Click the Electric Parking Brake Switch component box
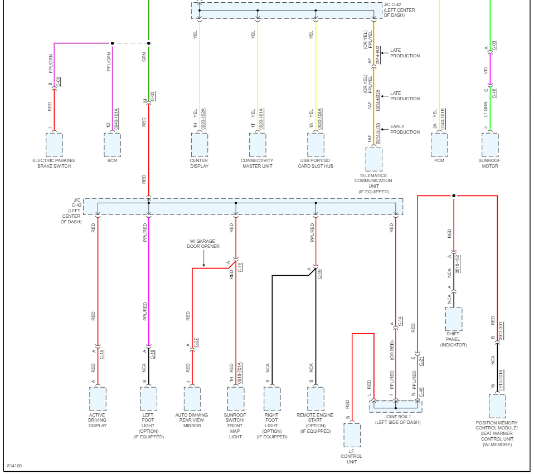pos(54,145)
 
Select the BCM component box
pos(112,145)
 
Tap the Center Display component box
pos(199,145)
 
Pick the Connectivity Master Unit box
pos(258,145)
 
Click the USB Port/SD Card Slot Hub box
pos(315,145)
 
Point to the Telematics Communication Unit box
pos(373,159)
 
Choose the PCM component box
pos(439,145)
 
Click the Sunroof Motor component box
pos(490,145)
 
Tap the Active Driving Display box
pos(98,398)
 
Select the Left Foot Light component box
pos(148,398)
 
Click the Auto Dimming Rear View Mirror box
pos(192,398)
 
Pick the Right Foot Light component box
pos(272,398)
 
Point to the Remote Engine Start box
pos(315,398)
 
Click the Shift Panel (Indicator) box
pos(453,319)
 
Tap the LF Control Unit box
pos(352,435)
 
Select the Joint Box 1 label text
pos(397,419)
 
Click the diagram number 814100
pos(14,466)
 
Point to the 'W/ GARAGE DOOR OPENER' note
pos(203,243)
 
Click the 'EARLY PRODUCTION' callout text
pos(405,129)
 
